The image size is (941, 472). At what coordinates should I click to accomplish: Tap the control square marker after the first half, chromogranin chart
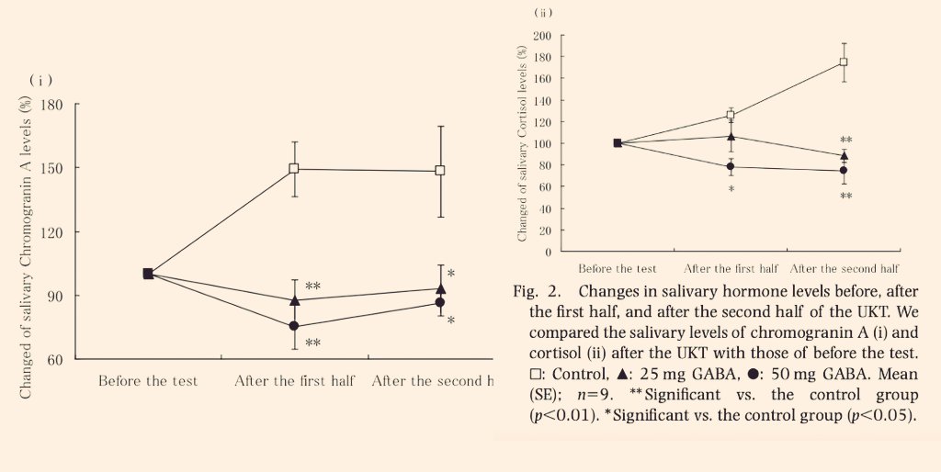coord(294,169)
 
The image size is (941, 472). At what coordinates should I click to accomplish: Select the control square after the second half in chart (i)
coord(440,171)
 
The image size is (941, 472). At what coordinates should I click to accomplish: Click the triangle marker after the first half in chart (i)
coord(294,299)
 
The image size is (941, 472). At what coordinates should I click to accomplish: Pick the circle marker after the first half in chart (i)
coord(294,326)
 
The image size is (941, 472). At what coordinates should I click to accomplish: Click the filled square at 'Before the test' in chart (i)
coord(148,274)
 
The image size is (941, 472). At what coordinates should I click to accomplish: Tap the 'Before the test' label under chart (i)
coord(148,381)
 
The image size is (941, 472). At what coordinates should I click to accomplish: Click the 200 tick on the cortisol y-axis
coord(542,36)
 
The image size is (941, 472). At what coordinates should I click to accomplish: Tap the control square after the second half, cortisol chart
coord(843,62)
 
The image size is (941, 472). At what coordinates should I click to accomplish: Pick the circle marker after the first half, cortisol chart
coord(731,166)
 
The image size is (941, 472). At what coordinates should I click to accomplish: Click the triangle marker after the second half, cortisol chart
coord(844,155)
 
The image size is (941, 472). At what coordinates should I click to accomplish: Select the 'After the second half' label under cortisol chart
coord(844,269)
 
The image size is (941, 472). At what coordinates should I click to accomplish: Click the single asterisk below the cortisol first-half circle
coord(731,189)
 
